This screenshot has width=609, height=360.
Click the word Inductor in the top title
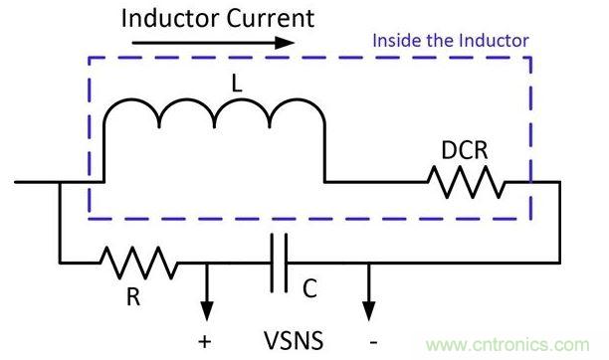(171, 18)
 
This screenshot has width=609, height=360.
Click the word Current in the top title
(271, 18)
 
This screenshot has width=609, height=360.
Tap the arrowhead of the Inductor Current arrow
(285, 43)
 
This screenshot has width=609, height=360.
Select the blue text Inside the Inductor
(451, 41)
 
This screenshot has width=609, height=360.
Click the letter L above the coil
(237, 84)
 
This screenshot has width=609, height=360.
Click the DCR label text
(465, 150)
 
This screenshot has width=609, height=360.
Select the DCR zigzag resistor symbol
(466, 182)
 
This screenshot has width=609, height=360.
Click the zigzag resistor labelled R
(139, 263)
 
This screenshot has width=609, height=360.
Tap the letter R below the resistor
(133, 297)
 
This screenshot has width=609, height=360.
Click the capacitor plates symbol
(279, 263)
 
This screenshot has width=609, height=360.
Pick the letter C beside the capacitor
(309, 288)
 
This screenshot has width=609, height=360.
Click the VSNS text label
(294, 340)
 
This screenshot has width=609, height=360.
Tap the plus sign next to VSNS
(205, 342)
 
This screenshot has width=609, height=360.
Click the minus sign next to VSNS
(373, 342)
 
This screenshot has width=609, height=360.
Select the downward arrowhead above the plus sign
(207, 311)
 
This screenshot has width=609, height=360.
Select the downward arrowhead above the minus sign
(368, 311)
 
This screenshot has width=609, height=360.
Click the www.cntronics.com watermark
(507, 344)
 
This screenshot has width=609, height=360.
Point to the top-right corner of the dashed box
(530, 58)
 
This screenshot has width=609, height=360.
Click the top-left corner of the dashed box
(90, 58)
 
